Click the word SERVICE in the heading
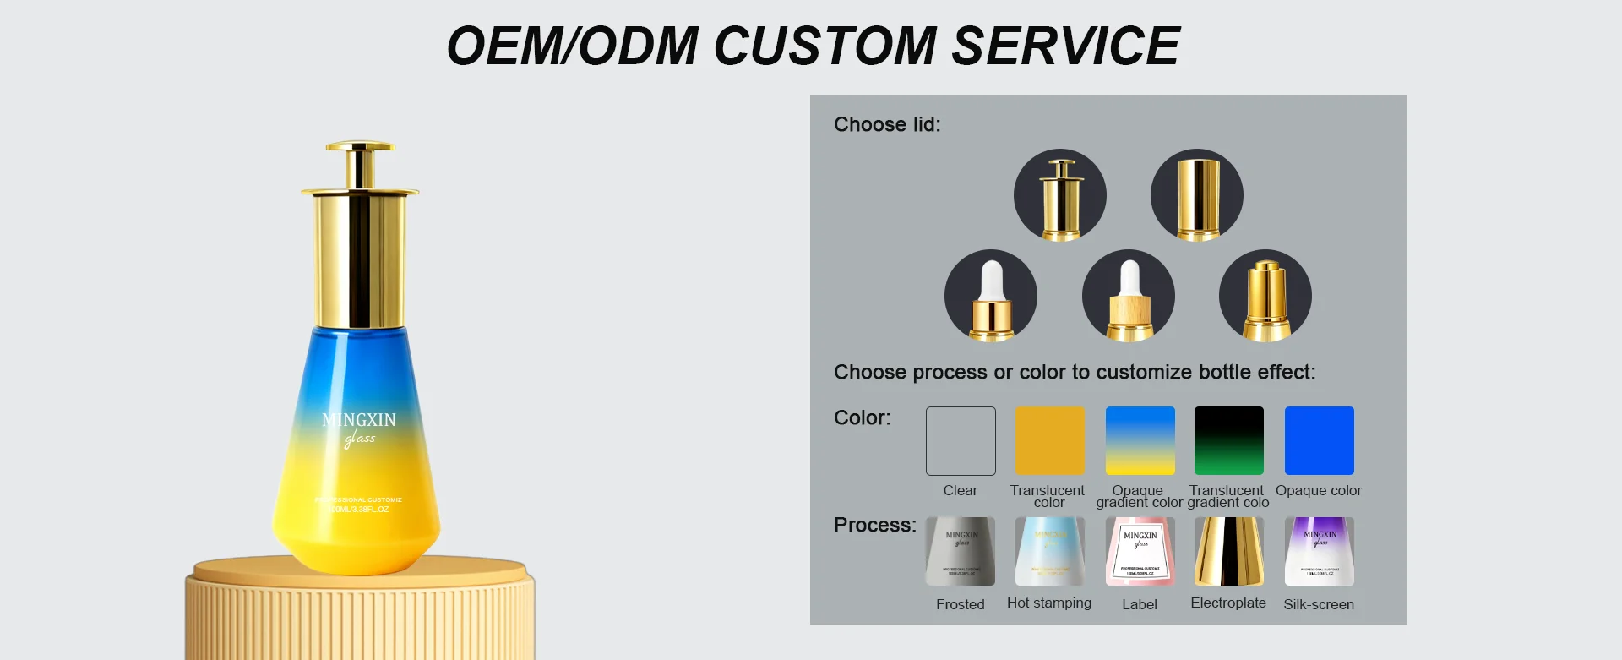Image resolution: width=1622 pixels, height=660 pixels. (x=1065, y=46)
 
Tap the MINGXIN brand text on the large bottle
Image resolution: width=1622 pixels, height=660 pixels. (x=359, y=420)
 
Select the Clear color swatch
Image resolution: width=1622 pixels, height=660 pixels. (x=961, y=441)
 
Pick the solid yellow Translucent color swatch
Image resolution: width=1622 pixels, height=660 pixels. (x=1049, y=441)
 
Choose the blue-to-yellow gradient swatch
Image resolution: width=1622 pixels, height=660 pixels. (x=1140, y=441)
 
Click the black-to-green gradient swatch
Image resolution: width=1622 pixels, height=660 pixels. (x=1228, y=441)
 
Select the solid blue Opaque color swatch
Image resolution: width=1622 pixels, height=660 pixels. (x=1319, y=441)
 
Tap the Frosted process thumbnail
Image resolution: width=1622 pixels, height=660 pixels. (x=961, y=552)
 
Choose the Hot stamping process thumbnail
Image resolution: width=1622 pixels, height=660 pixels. (x=1049, y=552)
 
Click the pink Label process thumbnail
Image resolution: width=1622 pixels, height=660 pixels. (x=1140, y=552)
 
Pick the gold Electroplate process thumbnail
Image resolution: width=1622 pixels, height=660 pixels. (x=1228, y=552)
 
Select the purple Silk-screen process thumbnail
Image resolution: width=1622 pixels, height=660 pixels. (x=1319, y=552)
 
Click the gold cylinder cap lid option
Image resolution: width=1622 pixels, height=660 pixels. (x=1197, y=195)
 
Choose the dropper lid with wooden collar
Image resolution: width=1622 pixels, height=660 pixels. (x=1129, y=296)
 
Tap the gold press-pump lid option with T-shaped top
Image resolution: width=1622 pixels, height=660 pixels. (x=1060, y=195)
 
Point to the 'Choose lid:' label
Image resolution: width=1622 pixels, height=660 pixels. (x=887, y=125)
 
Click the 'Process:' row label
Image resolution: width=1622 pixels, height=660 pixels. (x=874, y=526)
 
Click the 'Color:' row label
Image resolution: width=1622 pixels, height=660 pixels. (x=862, y=418)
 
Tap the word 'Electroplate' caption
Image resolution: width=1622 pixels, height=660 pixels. (x=1228, y=603)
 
